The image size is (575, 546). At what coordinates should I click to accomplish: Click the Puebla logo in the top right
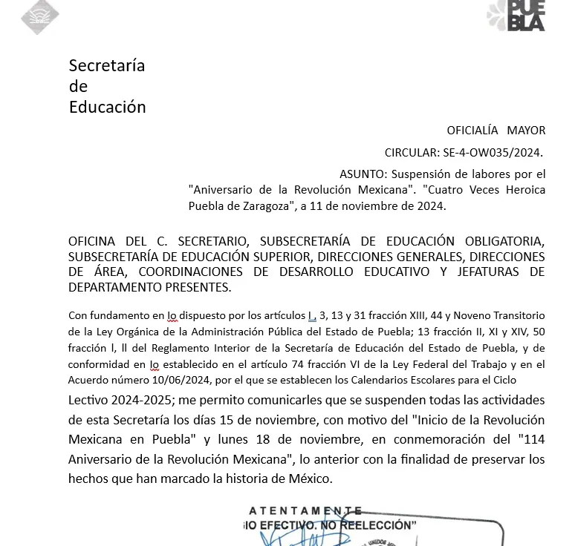tap(517, 16)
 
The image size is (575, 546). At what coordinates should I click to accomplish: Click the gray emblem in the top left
tap(40, 16)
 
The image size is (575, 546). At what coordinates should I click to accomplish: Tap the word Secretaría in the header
tap(106, 65)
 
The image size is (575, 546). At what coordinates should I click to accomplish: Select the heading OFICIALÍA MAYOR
tap(496, 131)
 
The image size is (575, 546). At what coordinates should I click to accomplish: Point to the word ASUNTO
tap(361, 174)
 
